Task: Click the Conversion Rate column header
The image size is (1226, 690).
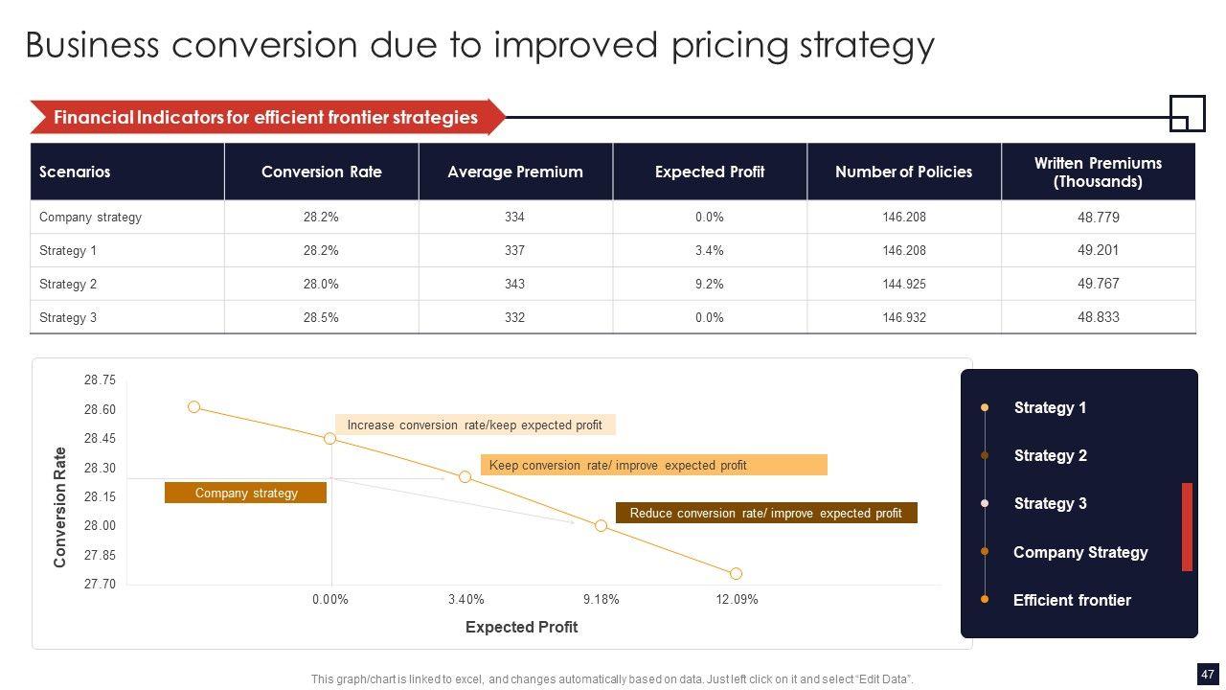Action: click(x=321, y=172)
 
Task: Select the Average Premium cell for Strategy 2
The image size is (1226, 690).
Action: click(x=514, y=284)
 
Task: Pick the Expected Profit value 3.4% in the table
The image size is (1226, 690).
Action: click(x=709, y=250)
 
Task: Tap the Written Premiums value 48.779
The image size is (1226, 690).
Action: click(x=1098, y=218)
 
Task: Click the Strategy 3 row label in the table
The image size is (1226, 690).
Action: click(x=68, y=317)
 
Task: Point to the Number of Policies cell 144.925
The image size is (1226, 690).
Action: click(x=904, y=284)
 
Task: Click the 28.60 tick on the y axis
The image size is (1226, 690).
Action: click(x=100, y=409)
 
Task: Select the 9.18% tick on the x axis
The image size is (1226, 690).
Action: click(x=602, y=599)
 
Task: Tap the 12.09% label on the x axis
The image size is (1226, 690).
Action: click(x=737, y=599)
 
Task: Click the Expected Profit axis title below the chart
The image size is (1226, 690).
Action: click(x=521, y=627)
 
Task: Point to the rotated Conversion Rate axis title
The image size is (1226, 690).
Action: click(x=60, y=507)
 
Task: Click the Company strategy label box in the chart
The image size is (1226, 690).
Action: click(x=246, y=493)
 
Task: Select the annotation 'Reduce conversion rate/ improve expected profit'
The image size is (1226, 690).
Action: click(x=765, y=513)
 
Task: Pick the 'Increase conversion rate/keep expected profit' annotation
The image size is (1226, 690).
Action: click(x=474, y=425)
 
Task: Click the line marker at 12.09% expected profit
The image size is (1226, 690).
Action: click(x=736, y=573)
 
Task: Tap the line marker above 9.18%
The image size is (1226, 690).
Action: click(x=601, y=525)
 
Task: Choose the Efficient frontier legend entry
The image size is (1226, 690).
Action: click(x=1071, y=600)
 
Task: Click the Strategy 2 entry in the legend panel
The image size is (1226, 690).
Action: click(x=1050, y=455)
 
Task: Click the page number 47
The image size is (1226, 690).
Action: click(x=1207, y=673)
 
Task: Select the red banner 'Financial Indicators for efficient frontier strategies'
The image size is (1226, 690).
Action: click(x=265, y=117)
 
